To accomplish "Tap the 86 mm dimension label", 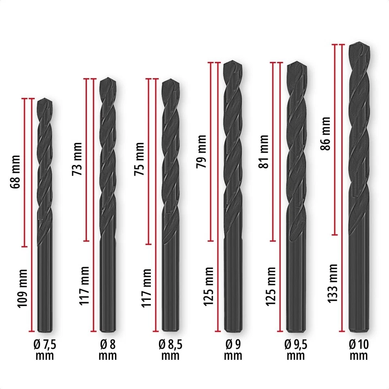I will [325, 133].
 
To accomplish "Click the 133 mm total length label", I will [332, 283].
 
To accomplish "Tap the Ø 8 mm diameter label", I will [107, 350].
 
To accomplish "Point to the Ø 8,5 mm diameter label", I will [171, 350].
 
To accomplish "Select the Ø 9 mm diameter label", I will [233, 350].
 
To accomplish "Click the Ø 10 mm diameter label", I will [358, 350].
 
